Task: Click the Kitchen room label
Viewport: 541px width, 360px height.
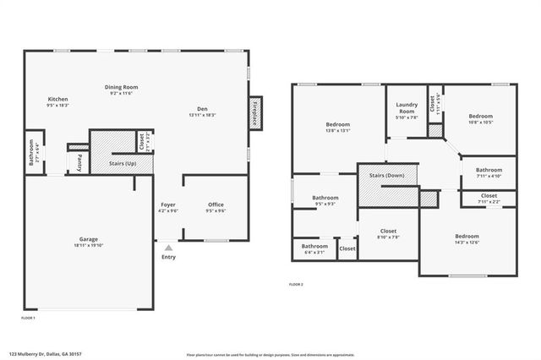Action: [57, 100]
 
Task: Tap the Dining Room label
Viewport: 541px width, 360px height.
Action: [121, 87]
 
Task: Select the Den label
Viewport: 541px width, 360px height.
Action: [203, 108]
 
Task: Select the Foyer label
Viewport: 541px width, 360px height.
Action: [168, 205]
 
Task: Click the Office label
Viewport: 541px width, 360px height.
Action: [216, 205]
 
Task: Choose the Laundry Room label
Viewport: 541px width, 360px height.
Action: [407, 109]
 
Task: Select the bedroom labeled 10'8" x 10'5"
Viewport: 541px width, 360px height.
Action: [480, 117]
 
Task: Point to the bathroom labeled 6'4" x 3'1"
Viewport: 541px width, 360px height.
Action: [314, 248]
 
